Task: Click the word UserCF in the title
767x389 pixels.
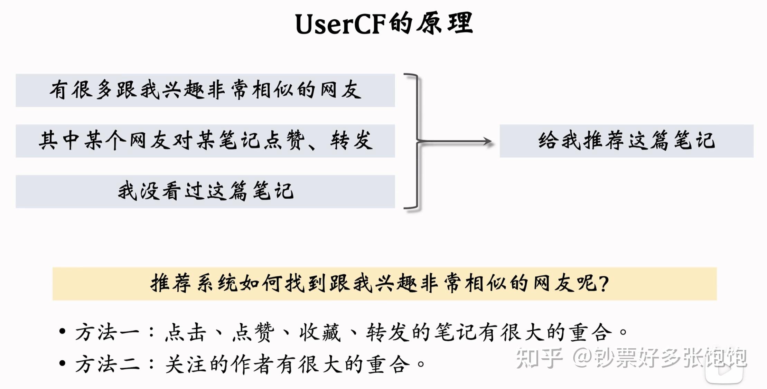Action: point(340,24)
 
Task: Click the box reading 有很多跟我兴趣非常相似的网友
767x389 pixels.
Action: point(205,90)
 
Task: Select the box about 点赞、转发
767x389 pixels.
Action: point(205,141)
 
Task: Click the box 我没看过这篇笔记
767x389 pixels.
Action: point(205,191)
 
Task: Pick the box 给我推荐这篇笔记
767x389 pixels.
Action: point(626,141)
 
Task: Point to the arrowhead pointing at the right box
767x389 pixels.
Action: point(488,141)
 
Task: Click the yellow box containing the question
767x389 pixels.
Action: point(384,284)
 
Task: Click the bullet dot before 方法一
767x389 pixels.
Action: point(62,332)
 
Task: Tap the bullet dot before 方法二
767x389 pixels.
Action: point(62,363)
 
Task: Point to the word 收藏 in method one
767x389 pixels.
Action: point(320,332)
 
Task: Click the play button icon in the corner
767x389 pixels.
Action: point(724,370)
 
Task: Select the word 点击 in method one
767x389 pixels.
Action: point(186,332)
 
